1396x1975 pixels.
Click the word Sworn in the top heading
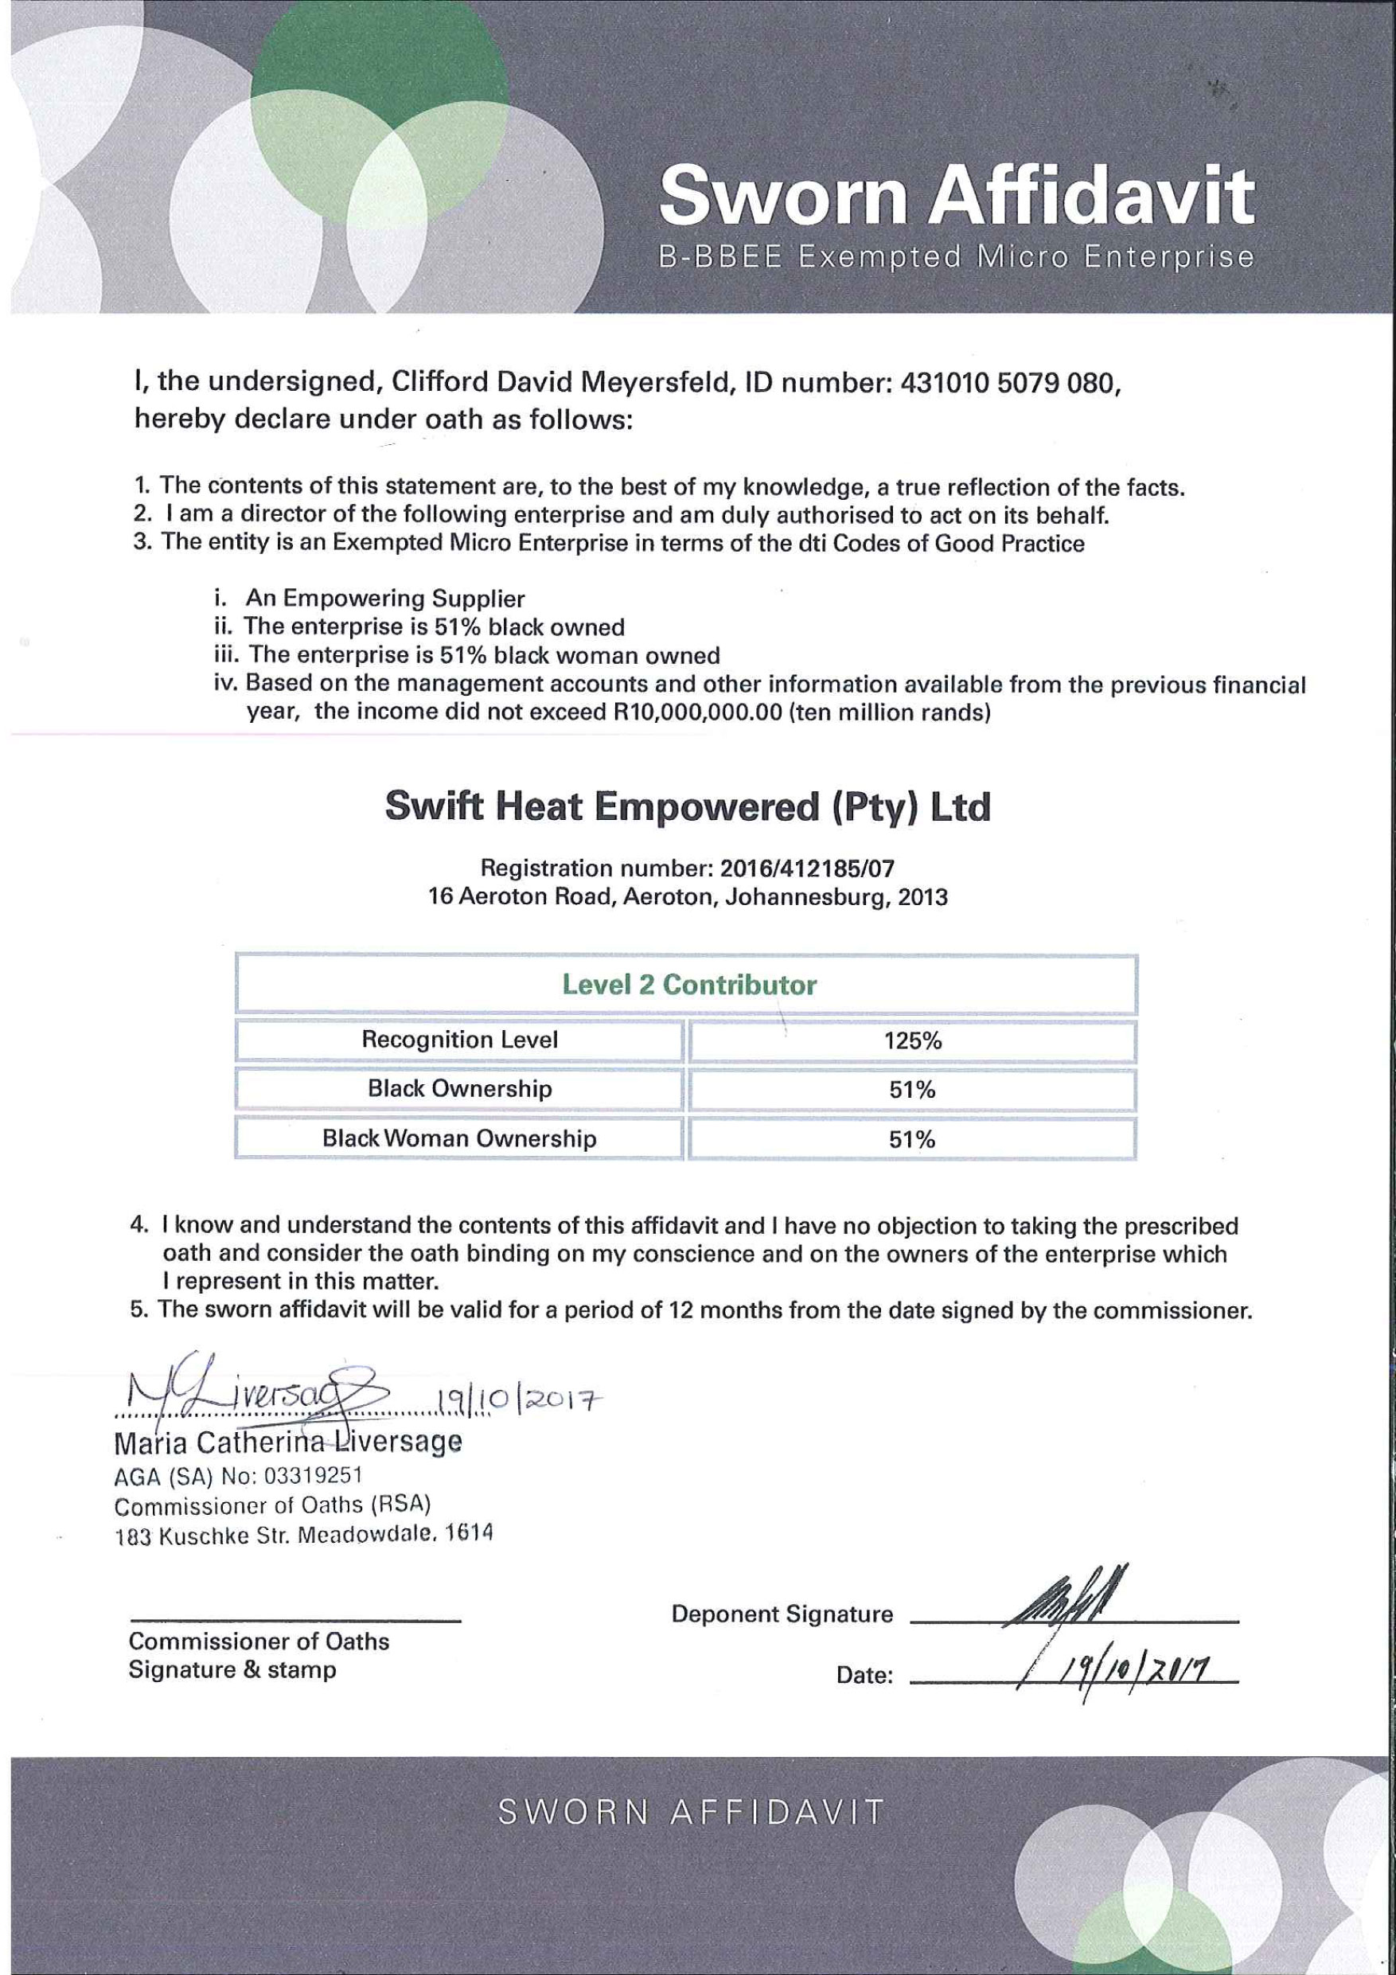[x=782, y=195]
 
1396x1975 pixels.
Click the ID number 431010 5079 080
[x=1008, y=384]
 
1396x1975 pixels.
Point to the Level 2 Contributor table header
[x=688, y=984]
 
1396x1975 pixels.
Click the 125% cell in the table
[x=913, y=1040]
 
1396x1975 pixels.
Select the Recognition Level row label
[x=459, y=1040]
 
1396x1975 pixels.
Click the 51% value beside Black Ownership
[x=912, y=1090]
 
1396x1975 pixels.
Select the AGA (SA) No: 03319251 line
[x=237, y=1476]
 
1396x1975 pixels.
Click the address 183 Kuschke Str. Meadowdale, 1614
[x=303, y=1534]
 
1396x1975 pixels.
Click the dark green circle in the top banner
[x=379, y=77]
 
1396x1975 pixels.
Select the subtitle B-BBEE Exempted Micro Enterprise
[x=956, y=257]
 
